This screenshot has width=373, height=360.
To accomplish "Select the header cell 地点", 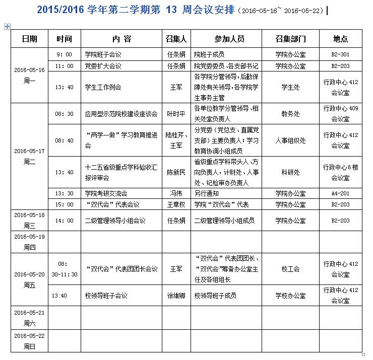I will pyautogui.click(x=341, y=39).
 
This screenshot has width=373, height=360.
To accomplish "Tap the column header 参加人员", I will pyautogui.click(x=226, y=39).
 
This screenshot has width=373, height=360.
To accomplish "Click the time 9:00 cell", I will pyautogui.click(x=65, y=54).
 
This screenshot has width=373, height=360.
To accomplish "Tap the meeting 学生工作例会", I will pyautogui.click(x=103, y=87).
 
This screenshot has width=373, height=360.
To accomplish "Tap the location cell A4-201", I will pyautogui.click(x=341, y=193).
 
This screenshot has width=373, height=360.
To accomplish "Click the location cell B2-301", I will pyautogui.click(x=341, y=54).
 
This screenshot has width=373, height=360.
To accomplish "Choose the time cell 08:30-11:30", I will pyautogui.click(x=65, y=269).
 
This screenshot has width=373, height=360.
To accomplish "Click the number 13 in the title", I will pyautogui.click(x=170, y=11).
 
